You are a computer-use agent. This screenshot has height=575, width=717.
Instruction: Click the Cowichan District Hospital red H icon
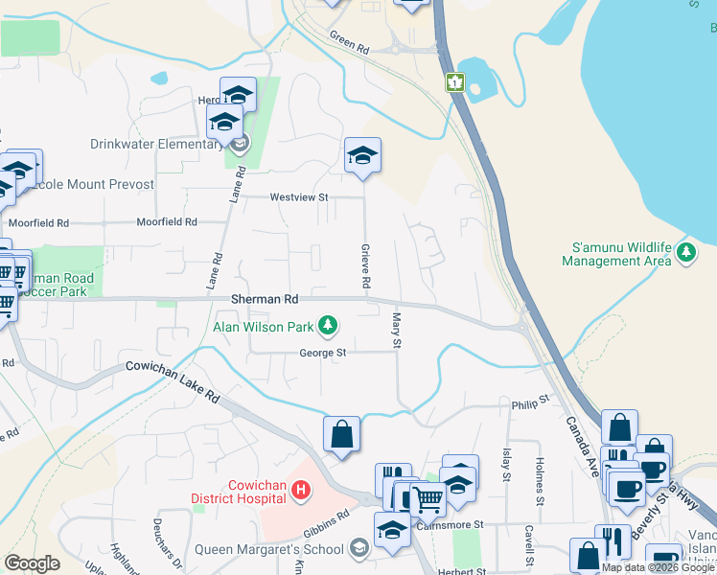[301, 492]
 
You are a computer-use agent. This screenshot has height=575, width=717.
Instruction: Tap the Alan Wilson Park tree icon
[328, 326]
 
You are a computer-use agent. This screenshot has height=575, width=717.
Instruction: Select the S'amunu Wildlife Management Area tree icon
[685, 252]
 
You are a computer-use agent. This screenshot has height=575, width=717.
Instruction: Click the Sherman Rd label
[265, 299]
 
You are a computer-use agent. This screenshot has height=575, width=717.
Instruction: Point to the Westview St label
[299, 197]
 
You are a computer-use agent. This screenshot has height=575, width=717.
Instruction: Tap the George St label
[322, 353]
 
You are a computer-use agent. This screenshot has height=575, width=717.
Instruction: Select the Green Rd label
[349, 45]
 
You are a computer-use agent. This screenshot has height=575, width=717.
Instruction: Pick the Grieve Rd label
[365, 266]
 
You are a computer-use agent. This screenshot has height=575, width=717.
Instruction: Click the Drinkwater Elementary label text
[156, 145]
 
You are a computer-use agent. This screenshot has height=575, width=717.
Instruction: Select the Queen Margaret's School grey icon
[358, 548]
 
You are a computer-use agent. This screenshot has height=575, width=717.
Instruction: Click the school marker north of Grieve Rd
[363, 155]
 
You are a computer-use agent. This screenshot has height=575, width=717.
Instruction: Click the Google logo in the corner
[32, 563]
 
